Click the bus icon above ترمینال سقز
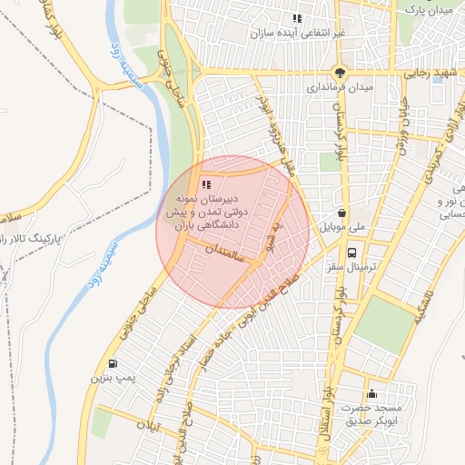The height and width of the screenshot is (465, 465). point(351,254)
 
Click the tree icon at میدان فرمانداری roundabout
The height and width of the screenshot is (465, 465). point(340,73)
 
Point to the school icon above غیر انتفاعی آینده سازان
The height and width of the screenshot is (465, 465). point(296,18)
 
